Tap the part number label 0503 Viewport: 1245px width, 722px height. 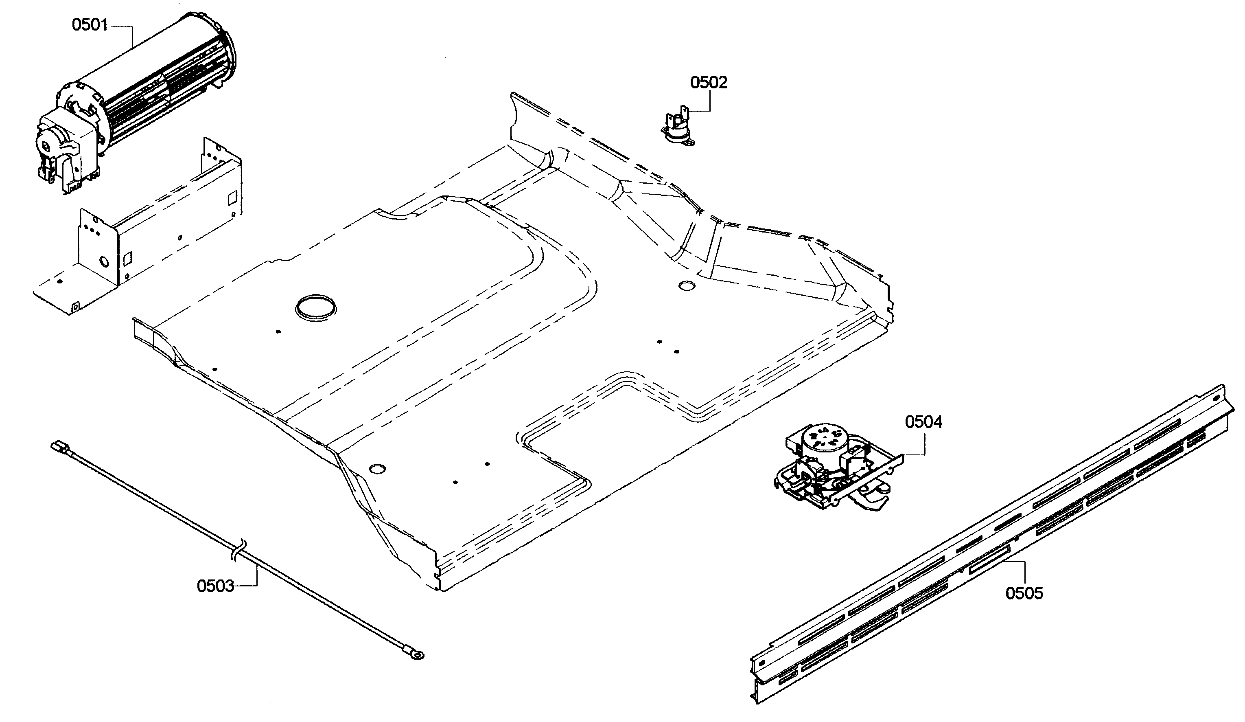point(215,586)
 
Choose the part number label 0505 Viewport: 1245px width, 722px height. point(1024,593)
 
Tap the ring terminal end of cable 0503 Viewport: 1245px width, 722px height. point(418,655)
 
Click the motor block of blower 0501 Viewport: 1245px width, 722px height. point(59,143)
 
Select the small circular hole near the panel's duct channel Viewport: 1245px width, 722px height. point(686,285)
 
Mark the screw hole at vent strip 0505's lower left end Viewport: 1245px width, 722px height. point(762,662)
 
